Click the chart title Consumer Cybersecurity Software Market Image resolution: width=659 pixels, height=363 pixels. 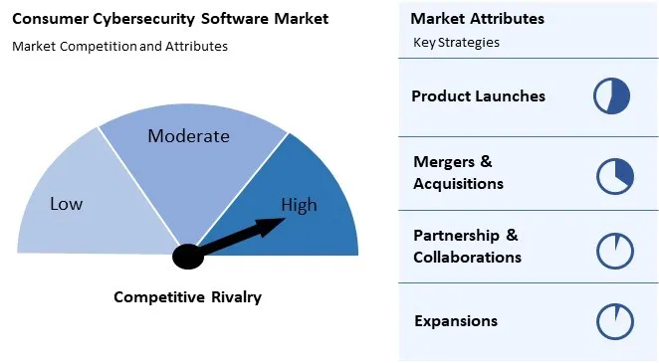(x=170, y=19)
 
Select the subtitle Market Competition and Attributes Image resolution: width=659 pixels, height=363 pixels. (x=120, y=46)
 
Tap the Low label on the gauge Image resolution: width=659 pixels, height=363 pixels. (x=67, y=204)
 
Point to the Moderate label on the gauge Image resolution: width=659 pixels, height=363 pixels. (x=188, y=136)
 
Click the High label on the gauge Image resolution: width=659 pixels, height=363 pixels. (x=299, y=206)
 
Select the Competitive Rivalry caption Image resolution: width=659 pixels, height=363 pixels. (x=187, y=297)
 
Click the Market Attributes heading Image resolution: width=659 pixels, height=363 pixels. (x=477, y=19)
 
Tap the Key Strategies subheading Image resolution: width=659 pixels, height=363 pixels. (x=456, y=43)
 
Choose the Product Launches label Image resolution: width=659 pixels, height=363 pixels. (x=478, y=96)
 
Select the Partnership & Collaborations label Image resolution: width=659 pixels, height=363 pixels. (x=467, y=246)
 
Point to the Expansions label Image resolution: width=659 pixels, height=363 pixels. (x=455, y=321)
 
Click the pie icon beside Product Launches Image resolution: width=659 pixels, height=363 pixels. (x=612, y=96)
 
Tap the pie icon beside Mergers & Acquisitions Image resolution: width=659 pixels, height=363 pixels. (x=615, y=175)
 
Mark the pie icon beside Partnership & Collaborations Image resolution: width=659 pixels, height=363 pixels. (x=615, y=250)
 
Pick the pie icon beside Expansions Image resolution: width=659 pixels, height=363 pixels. (x=615, y=322)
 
